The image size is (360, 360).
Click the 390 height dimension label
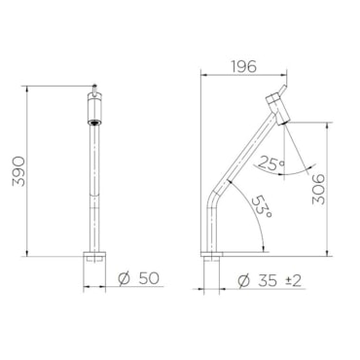(18, 171)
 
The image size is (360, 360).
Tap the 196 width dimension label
(243, 66)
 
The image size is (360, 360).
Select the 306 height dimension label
(318, 190)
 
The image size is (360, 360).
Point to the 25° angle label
(270, 163)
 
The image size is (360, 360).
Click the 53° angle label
(263, 206)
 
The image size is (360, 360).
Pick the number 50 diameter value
(149, 278)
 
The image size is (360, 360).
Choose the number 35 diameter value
(268, 281)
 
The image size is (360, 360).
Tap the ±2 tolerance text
(293, 281)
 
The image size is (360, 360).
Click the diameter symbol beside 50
(125, 278)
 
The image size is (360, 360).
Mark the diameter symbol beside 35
(243, 281)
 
